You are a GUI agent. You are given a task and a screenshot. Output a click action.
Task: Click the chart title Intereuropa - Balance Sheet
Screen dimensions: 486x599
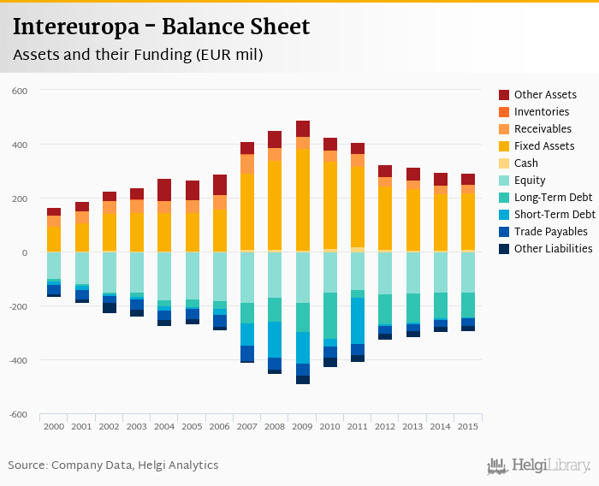tap(161, 27)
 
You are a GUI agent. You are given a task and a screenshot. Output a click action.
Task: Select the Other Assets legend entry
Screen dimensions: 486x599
tap(544, 95)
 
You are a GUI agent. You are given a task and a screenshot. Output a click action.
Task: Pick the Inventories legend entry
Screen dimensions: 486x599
tap(541, 112)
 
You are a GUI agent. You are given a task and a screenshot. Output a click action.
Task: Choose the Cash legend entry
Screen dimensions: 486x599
tap(526, 163)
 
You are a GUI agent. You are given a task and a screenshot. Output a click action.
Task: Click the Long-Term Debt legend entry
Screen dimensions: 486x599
tap(553, 198)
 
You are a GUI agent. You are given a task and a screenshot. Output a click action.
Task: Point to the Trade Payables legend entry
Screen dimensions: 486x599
tap(550, 232)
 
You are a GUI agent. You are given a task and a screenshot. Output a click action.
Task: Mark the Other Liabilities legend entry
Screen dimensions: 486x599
tap(553, 249)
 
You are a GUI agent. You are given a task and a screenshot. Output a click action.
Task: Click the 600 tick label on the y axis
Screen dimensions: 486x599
tap(21, 91)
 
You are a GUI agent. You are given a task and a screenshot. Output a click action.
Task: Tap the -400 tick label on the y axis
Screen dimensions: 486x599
tap(19, 360)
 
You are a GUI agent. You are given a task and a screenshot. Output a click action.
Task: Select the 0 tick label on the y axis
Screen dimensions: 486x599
tap(26, 252)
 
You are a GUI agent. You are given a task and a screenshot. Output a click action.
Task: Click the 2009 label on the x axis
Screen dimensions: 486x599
tap(303, 426)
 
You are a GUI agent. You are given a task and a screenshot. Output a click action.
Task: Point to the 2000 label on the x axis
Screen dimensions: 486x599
tap(54, 426)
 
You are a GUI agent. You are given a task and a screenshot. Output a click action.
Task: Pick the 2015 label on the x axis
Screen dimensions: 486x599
tap(468, 426)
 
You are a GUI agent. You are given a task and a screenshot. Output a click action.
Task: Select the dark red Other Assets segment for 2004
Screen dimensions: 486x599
tap(164, 190)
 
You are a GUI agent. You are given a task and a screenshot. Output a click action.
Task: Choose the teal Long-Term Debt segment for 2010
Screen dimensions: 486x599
tap(330, 316)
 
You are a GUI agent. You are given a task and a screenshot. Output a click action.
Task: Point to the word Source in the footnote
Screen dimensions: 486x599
tap(27, 465)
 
